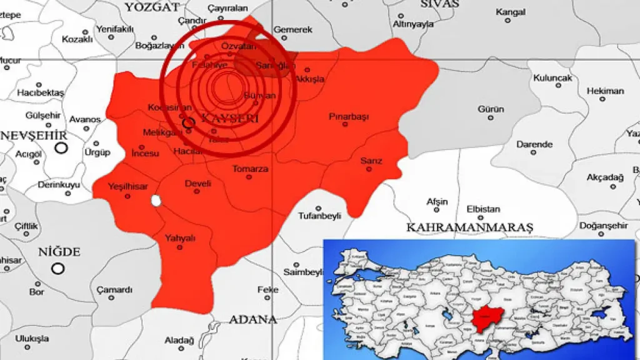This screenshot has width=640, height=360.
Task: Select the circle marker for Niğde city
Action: (58, 268)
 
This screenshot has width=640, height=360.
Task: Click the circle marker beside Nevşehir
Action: (61, 147)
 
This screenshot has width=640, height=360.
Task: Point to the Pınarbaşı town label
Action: (349, 117)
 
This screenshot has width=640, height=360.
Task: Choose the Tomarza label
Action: (250, 169)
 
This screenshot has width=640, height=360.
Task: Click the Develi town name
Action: (198, 184)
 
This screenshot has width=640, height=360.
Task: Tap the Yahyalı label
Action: (180, 238)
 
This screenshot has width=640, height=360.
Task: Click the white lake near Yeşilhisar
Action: (156, 201)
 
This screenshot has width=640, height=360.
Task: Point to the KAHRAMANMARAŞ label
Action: (469, 227)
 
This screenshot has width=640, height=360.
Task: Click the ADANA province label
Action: (252, 319)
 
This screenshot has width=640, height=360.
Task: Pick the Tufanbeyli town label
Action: (319, 216)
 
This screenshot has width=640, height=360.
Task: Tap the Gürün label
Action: (491, 109)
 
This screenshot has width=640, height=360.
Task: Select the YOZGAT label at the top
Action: (152, 7)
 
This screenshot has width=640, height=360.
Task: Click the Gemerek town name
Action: (292, 29)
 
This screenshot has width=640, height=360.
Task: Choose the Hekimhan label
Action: (605, 91)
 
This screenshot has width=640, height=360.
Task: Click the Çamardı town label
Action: (114, 290)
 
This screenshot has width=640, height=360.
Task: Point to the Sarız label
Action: (371, 161)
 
